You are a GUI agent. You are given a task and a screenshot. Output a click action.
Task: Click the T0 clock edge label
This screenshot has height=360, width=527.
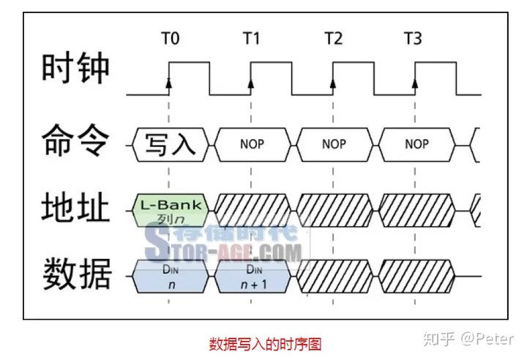click(x=170, y=39)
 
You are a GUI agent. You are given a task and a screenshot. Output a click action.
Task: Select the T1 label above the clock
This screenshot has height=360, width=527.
click(x=251, y=39)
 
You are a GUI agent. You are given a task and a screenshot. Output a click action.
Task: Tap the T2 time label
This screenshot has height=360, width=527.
click(x=333, y=39)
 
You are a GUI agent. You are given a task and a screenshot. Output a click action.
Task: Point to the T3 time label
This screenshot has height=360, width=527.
click(x=414, y=39)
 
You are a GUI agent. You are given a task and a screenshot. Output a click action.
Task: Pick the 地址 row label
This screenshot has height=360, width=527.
click(x=76, y=208)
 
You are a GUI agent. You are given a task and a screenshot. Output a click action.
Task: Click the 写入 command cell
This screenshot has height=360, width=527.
click(x=170, y=143)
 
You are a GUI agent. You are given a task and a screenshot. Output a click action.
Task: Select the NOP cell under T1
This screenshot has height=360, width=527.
click(x=252, y=143)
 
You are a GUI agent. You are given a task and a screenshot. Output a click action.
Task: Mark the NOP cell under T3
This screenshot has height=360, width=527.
click(x=416, y=143)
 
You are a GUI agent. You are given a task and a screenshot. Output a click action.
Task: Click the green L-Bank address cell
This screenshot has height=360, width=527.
click(x=170, y=209)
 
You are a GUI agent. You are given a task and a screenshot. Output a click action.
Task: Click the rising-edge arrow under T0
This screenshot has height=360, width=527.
click(x=170, y=85)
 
